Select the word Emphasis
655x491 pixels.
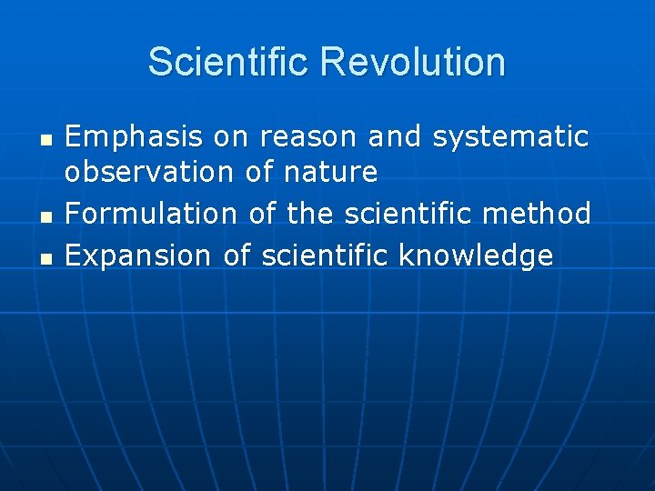[x=134, y=137]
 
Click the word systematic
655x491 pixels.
[x=510, y=137]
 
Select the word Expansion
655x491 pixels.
[x=138, y=256]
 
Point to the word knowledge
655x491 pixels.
[x=476, y=256]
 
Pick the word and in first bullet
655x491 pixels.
[x=396, y=137]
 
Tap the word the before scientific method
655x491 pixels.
[x=310, y=214]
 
